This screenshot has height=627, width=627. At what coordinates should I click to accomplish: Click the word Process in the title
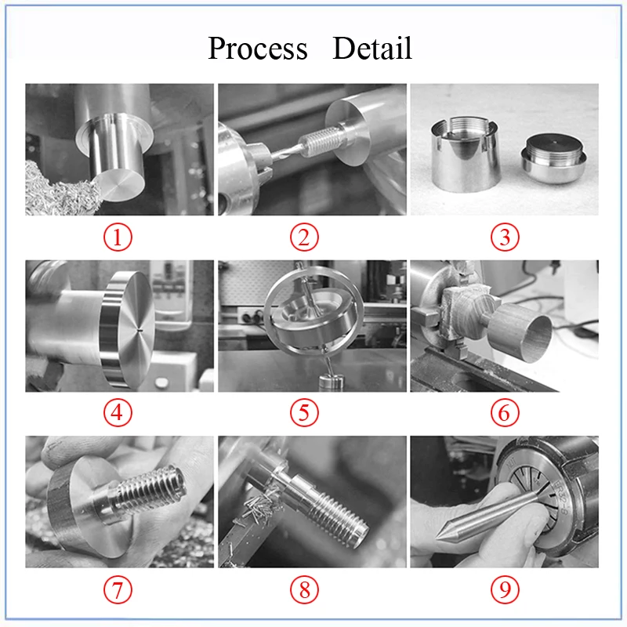pos(258,49)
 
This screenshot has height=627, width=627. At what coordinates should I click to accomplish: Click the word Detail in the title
pos(371,48)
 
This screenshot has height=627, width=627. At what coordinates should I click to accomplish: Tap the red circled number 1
pos(118,237)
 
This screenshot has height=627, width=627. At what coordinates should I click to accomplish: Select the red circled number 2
pos(304,237)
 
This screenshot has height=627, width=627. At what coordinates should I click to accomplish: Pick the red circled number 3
pos(505,237)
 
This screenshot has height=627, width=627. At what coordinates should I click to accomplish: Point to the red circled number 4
pos(118,413)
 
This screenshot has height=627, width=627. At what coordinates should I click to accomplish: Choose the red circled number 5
pos(304,413)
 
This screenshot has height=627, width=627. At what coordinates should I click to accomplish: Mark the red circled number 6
pos(505,413)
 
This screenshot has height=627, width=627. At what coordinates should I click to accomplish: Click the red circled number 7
pos(118,589)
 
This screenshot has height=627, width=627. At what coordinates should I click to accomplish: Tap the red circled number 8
pos(304,589)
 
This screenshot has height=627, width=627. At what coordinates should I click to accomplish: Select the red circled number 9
pos(505,589)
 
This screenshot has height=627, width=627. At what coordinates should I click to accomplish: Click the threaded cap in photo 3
pos(553,159)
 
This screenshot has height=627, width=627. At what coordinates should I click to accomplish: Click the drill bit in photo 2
pos(286,153)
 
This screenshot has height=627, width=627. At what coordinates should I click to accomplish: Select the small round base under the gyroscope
pos(331,382)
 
